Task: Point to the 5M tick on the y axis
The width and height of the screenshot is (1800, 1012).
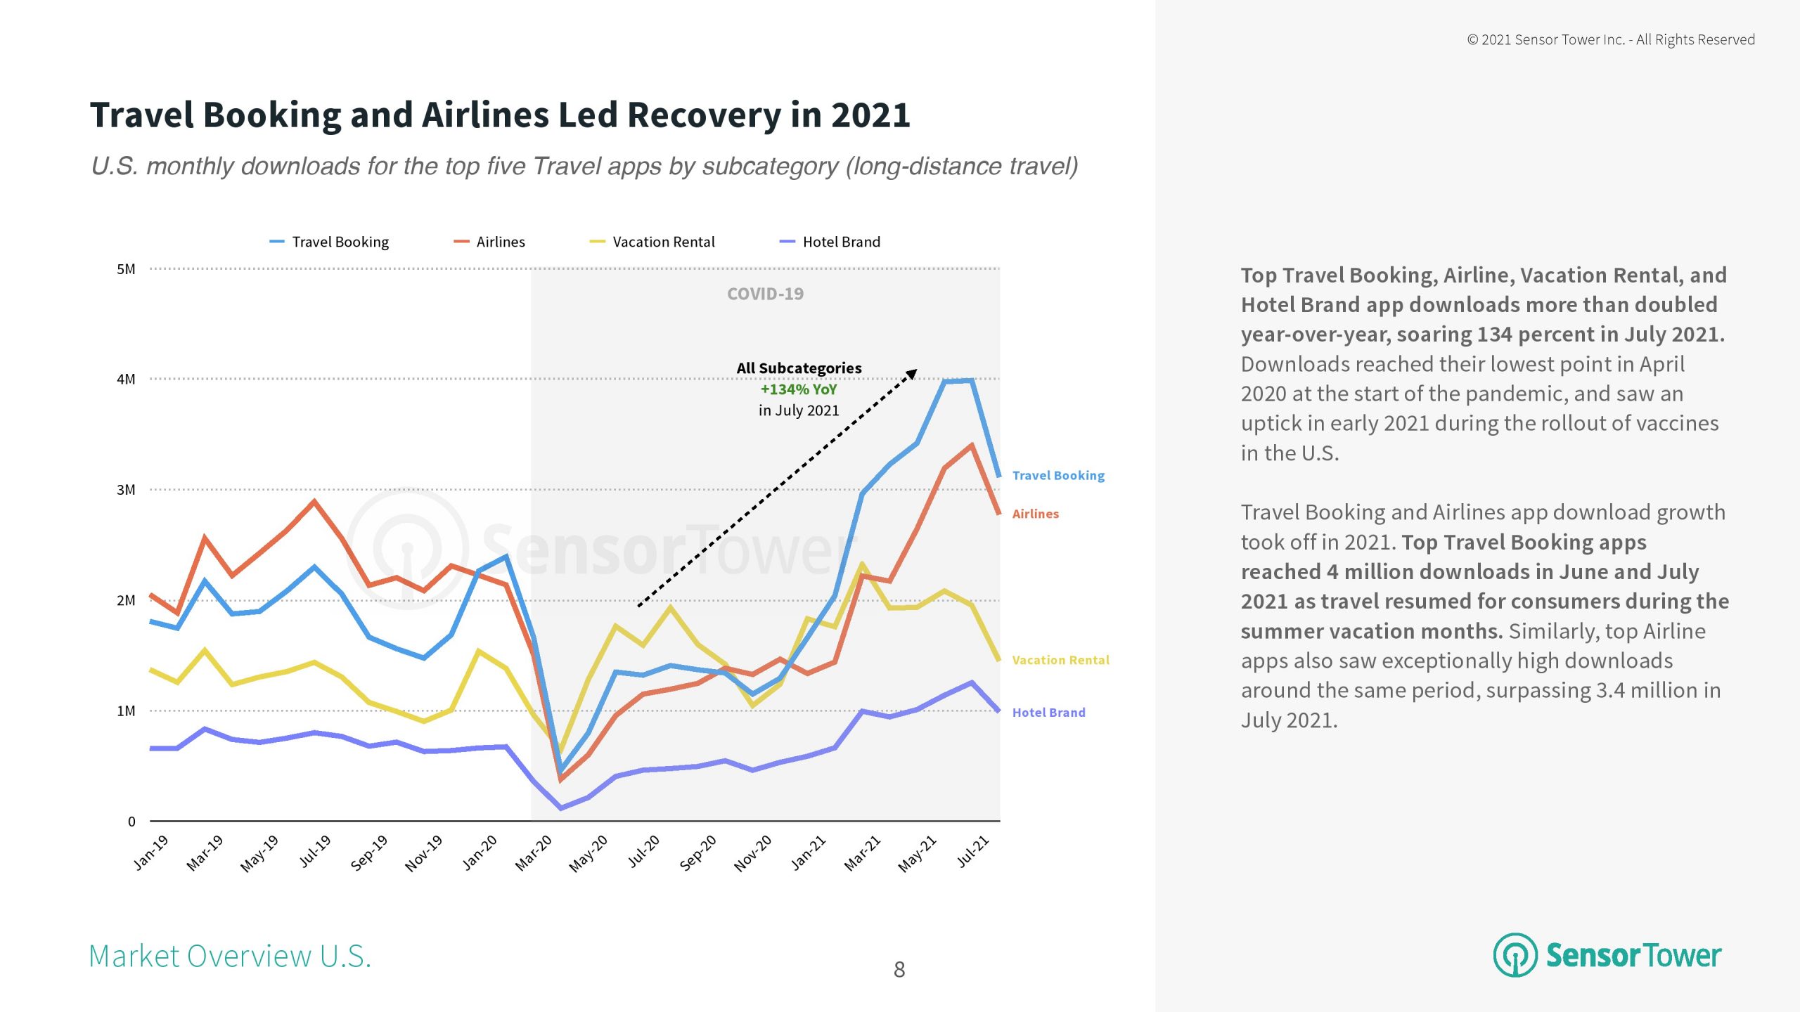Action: (x=126, y=269)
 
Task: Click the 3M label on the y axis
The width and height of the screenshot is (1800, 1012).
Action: (x=126, y=490)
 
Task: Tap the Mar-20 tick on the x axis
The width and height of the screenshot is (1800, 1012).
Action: (x=534, y=852)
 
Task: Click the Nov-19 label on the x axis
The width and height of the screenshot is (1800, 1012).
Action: (x=424, y=852)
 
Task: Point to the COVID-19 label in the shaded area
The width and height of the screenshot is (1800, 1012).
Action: (x=765, y=294)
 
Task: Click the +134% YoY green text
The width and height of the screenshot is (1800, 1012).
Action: (x=799, y=389)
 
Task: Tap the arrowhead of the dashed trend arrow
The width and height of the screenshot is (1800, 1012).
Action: (x=912, y=373)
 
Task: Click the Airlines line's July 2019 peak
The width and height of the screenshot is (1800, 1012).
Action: (x=314, y=501)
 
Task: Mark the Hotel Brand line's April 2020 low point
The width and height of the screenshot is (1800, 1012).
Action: (x=561, y=808)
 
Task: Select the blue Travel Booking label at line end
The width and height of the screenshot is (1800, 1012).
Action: (x=1058, y=476)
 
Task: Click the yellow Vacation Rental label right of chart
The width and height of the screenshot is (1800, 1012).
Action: (x=1060, y=660)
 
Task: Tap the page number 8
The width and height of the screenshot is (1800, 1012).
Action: (x=899, y=970)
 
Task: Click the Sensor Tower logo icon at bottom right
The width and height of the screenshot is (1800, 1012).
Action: (x=1515, y=955)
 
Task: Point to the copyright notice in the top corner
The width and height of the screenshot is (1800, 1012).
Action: (x=1610, y=40)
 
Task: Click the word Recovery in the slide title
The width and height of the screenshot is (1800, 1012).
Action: (x=704, y=115)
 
